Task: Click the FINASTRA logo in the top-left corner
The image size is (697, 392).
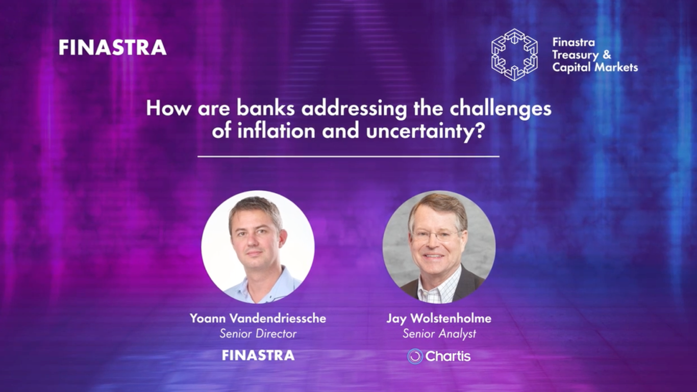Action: [112, 47]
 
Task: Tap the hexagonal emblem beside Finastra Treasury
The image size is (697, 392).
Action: [514, 55]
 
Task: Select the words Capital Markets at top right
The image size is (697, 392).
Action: [595, 67]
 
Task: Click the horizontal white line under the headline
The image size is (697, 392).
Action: [348, 156]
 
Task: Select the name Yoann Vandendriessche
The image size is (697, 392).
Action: [258, 319]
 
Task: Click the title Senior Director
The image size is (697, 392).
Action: [258, 334]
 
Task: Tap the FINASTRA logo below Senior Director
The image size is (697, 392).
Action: [258, 355]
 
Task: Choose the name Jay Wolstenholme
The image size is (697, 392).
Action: [439, 319]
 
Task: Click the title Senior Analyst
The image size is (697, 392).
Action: [439, 334]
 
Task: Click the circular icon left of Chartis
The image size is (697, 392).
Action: [415, 356]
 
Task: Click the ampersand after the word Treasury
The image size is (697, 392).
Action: [607, 55]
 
